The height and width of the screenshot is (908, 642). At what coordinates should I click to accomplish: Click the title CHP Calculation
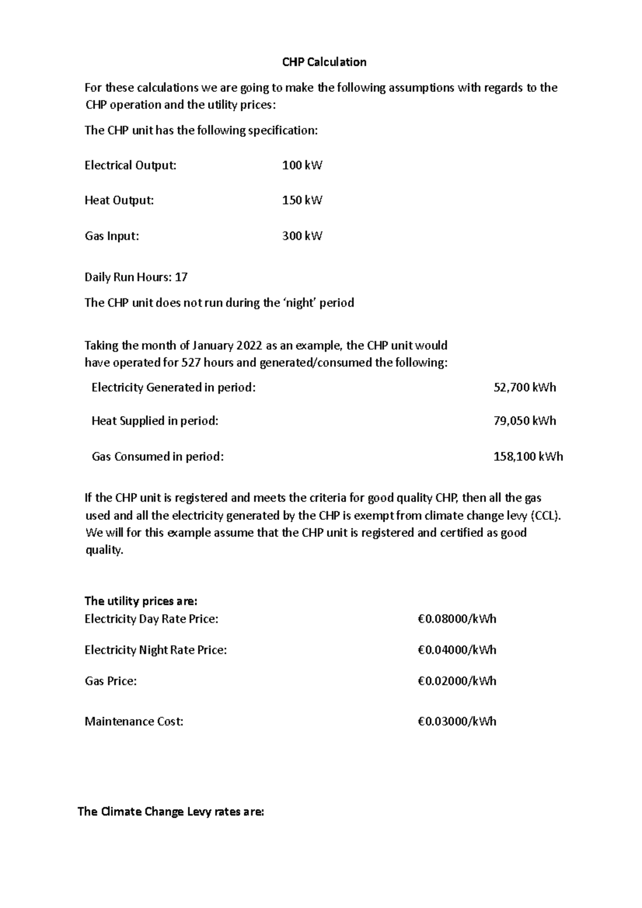324,62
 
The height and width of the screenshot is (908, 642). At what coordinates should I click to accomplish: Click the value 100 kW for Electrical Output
302,165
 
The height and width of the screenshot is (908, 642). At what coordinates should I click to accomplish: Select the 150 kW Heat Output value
302,201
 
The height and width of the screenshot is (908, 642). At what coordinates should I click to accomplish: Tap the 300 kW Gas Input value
302,236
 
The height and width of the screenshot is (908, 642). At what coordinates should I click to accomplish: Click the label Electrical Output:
130,165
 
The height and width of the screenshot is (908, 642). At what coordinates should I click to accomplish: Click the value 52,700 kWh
524,387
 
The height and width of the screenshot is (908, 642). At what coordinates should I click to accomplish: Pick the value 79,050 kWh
524,421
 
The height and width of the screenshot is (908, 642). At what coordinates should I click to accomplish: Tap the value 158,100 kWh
528,457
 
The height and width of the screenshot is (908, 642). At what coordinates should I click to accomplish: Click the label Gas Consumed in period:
157,457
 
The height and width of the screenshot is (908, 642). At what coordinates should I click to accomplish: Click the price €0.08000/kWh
457,619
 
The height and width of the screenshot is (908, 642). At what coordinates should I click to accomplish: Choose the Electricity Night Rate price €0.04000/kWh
457,650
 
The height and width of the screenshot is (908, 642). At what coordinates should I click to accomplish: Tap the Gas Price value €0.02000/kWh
457,681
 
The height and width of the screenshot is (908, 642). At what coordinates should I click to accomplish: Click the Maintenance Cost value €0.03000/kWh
457,721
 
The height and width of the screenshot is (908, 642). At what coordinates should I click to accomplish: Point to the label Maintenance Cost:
134,721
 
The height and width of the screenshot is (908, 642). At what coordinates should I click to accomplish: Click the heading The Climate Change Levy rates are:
171,812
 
